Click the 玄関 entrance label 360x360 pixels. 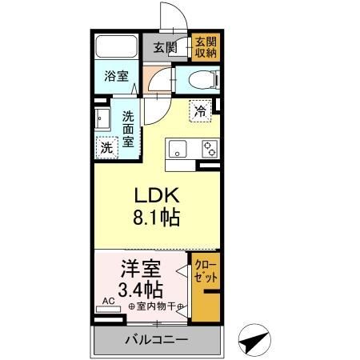(166, 46)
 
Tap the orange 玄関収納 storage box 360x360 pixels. (206, 47)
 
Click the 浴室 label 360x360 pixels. (116, 77)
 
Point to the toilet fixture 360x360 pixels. (201, 78)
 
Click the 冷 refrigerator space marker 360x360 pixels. (201, 111)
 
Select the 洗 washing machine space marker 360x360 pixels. (106, 147)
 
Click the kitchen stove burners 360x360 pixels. (209, 148)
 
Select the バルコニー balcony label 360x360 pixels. (157, 339)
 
